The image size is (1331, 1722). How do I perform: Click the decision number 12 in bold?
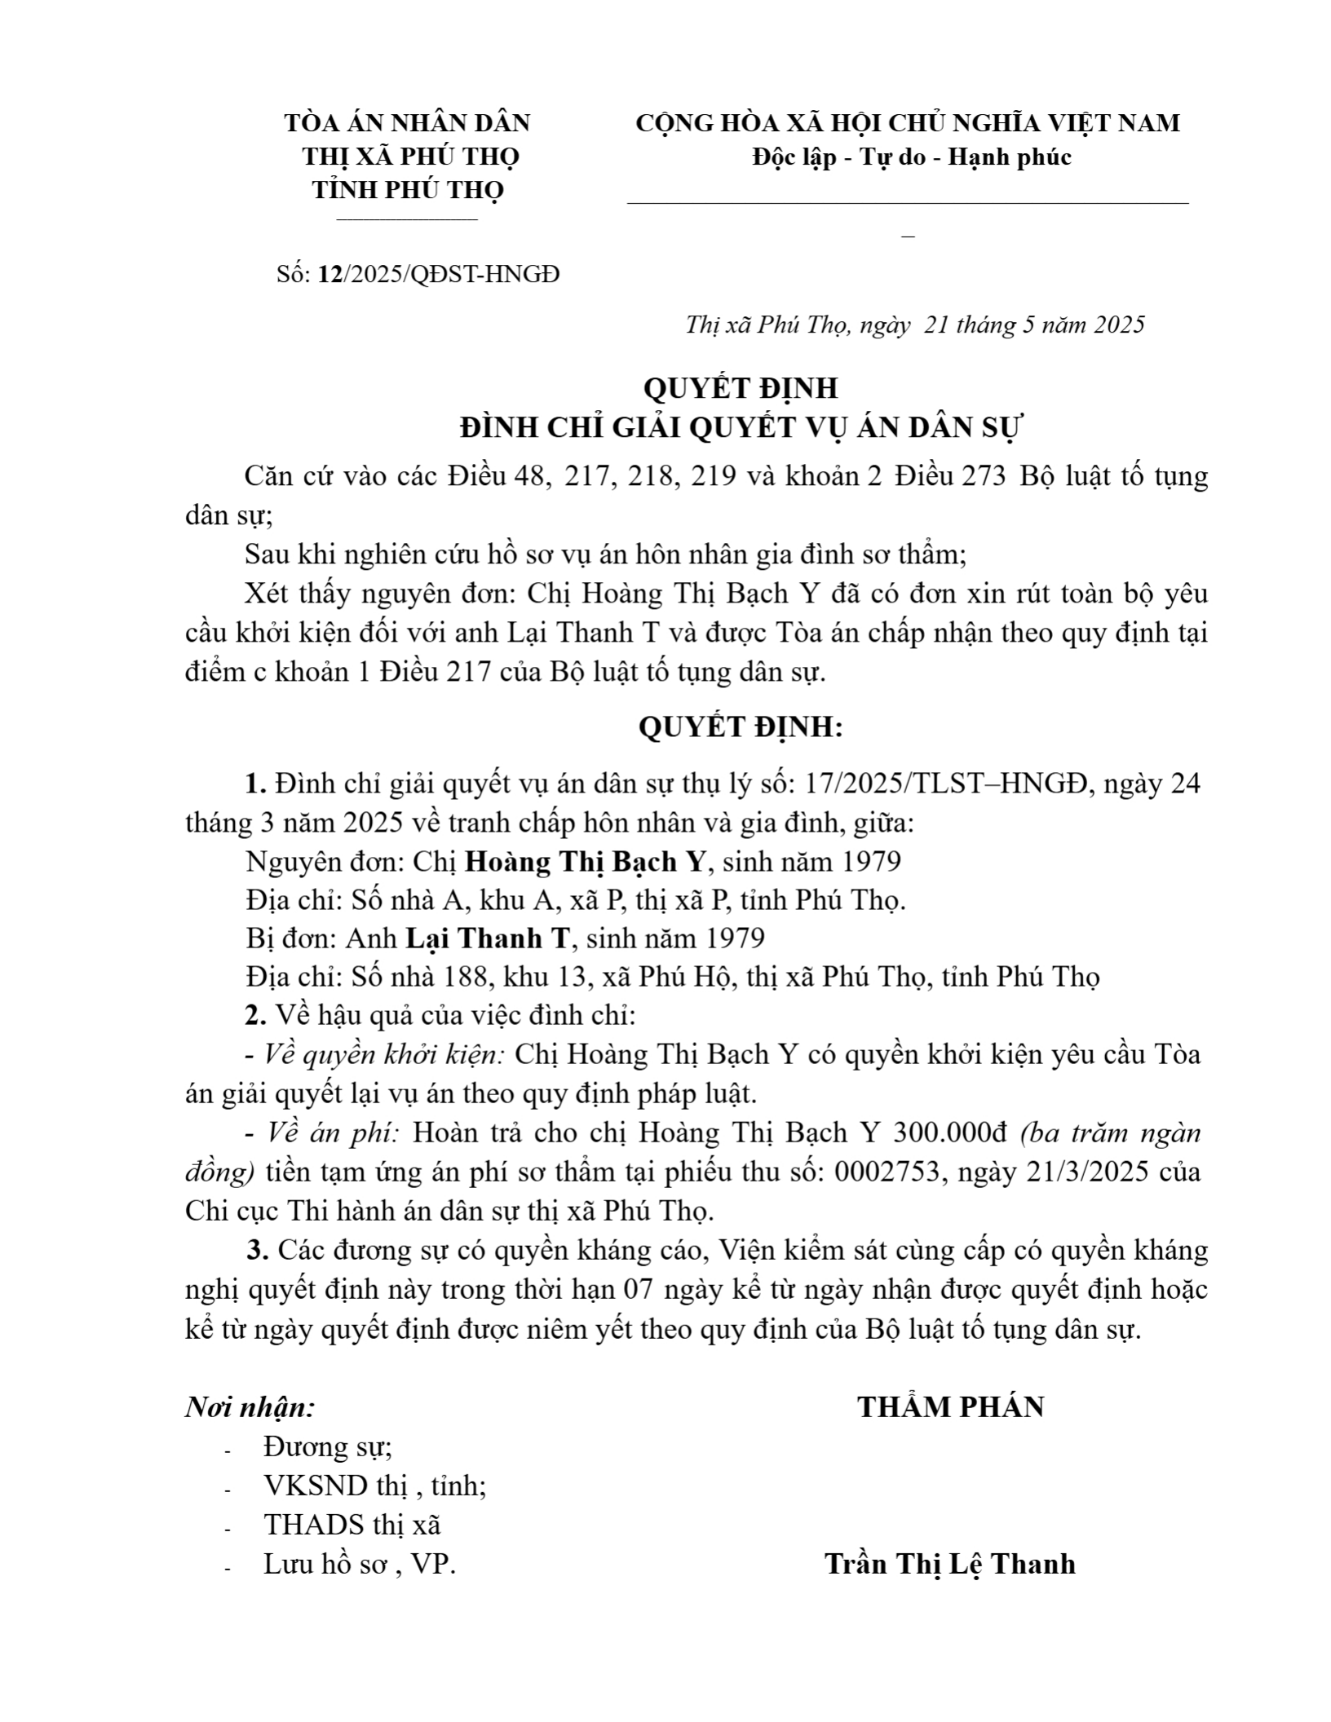click(330, 275)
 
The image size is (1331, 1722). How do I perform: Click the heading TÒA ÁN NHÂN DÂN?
click(407, 123)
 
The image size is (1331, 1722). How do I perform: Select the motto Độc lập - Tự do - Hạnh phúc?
click(911, 157)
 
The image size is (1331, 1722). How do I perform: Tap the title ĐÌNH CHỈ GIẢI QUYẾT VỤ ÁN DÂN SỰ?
click(741, 427)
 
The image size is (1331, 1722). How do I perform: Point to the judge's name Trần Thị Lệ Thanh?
click(950, 1563)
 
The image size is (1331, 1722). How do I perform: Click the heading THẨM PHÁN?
click(951, 1407)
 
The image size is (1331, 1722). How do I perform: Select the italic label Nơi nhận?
click(250, 1407)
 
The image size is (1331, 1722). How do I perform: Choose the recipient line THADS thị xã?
click(352, 1524)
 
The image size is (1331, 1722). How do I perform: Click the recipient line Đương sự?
click(327, 1446)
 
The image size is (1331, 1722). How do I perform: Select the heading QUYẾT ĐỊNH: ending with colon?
click(741, 726)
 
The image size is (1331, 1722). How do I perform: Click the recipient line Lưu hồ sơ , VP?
click(360, 1563)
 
